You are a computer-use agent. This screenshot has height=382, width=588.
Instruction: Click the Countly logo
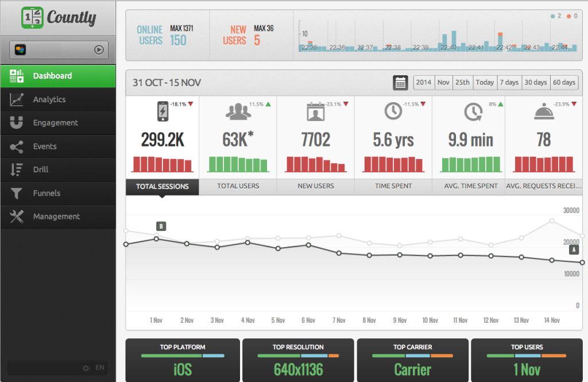[x=58, y=17]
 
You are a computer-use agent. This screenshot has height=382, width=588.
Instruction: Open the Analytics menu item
[x=49, y=99]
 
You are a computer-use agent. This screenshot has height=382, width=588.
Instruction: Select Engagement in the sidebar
[x=55, y=123]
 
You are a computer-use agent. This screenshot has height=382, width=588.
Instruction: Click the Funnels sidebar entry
[x=47, y=193]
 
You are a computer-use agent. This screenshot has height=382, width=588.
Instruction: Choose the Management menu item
[x=56, y=217]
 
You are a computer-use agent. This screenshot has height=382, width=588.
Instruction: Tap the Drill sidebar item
[x=41, y=169]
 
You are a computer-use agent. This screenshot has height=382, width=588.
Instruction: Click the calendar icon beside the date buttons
[x=400, y=83]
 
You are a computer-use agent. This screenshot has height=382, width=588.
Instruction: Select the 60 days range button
[x=564, y=83]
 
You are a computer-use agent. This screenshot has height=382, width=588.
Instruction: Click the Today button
[x=485, y=83]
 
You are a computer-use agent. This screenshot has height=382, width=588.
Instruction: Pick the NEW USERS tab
[x=315, y=186]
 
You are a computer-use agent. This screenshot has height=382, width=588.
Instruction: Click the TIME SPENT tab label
[x=393, y=186]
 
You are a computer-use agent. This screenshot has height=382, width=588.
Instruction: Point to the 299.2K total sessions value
[x=163, y=140]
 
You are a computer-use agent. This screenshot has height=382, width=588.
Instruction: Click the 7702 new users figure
[x=315, y=140]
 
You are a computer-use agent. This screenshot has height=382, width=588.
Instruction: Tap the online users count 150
[x=178, y=40]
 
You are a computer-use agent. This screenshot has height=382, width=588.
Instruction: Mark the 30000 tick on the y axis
[x=571, y=211]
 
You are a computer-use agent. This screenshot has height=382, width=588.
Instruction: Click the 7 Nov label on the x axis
[x=340, y=321]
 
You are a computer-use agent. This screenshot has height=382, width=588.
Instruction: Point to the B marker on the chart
[x=161, y=226]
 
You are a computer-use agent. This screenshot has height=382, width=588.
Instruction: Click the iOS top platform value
[x=183, y=369]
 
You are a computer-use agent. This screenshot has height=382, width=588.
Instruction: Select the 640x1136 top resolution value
[x=298, y=369]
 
